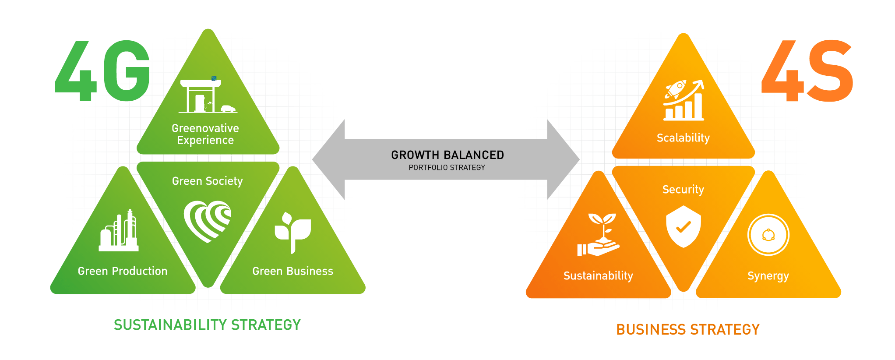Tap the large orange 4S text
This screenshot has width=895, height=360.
click(x=807, y=71)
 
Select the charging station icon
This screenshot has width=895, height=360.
click(x=206, y=96)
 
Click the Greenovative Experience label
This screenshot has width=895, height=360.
click(x=205, y=134)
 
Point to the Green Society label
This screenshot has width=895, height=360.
click(x=207, y=181)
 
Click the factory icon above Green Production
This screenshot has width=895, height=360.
click(x=119, y=231)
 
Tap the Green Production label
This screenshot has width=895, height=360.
click(x=123, y=271)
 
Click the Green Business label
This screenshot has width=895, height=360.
click(x=292, y=271)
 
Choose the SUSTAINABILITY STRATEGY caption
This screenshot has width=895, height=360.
click(x=207, y=325)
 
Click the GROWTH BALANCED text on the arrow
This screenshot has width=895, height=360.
click(x=447, y=155)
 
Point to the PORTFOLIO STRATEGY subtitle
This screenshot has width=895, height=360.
click(x=447, y=167)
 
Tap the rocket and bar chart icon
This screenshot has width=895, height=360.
click(x=684, y=100)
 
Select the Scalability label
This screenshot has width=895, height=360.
click(x=683, y=138)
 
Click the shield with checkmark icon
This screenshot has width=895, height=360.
click(x=683, y=226)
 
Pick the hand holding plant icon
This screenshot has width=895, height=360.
click(x=599, y=235)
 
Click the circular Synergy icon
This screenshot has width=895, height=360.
click(x=768, y=235)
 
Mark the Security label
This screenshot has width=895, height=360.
click(x=683, y=190)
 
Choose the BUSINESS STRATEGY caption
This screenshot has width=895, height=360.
click(x=687, y=329)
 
